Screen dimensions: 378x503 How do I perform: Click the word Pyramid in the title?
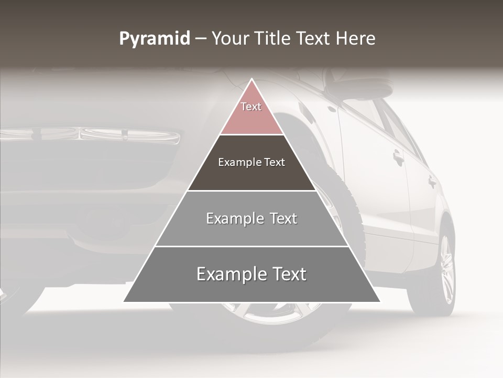pyautogui.click(x=155, y=39)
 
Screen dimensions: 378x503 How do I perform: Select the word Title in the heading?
pyautogui.click(x=272, y=39)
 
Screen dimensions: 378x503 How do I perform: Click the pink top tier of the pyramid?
pyautogui.click(x=251, y=118)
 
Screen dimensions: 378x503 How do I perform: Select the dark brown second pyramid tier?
pyautogui.click(x=251, y=176)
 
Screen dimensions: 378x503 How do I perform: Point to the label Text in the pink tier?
pyautogui.click(x=251, y=107)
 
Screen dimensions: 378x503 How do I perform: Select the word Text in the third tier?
pyautogui.click(x=283, y=218)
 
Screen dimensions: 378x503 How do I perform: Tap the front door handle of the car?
pyautogui.click(x=399, y=156)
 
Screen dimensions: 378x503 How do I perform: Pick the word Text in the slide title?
pyautogui.click(x=314, y=39)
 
